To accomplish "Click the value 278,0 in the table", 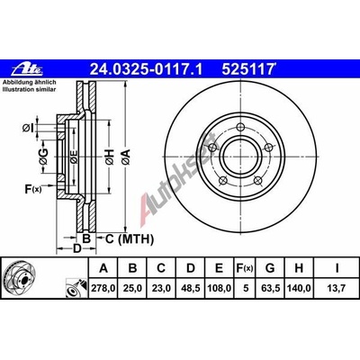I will (x=103, y=290).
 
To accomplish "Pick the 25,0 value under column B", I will (x=133, y=290).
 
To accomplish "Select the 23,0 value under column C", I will (x=163, y=290).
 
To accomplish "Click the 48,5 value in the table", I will (x=192, y=290).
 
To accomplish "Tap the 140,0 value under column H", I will (x=303, y=290).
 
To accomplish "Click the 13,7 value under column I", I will (x=335, y=290).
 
